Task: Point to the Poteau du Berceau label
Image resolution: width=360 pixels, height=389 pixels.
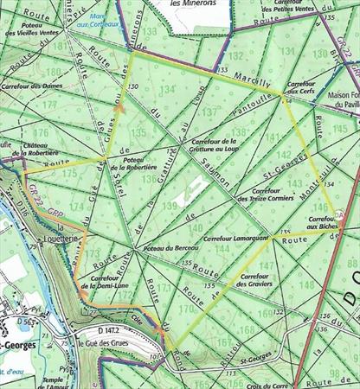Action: [x=162, y=249]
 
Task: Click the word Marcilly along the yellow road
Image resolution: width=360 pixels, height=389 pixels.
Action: [x=252, y=82]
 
